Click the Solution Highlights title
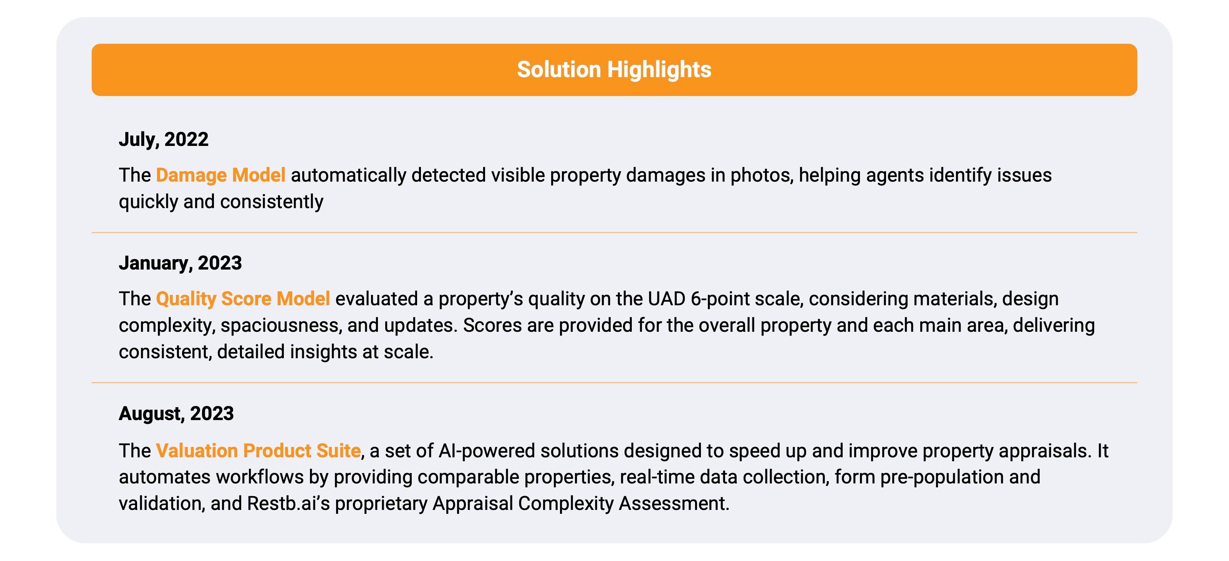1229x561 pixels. click(614, 70)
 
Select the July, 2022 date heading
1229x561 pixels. click(164, 139)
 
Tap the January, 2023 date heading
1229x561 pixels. click(181, 263)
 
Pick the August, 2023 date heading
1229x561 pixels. click(176, 413)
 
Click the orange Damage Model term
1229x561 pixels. click(221, 175)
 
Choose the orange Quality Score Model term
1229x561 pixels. click(243, 299)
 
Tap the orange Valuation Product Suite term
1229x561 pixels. click(258, 450)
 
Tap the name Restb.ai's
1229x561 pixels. click(289, 503)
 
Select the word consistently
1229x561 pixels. click(272, 202)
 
